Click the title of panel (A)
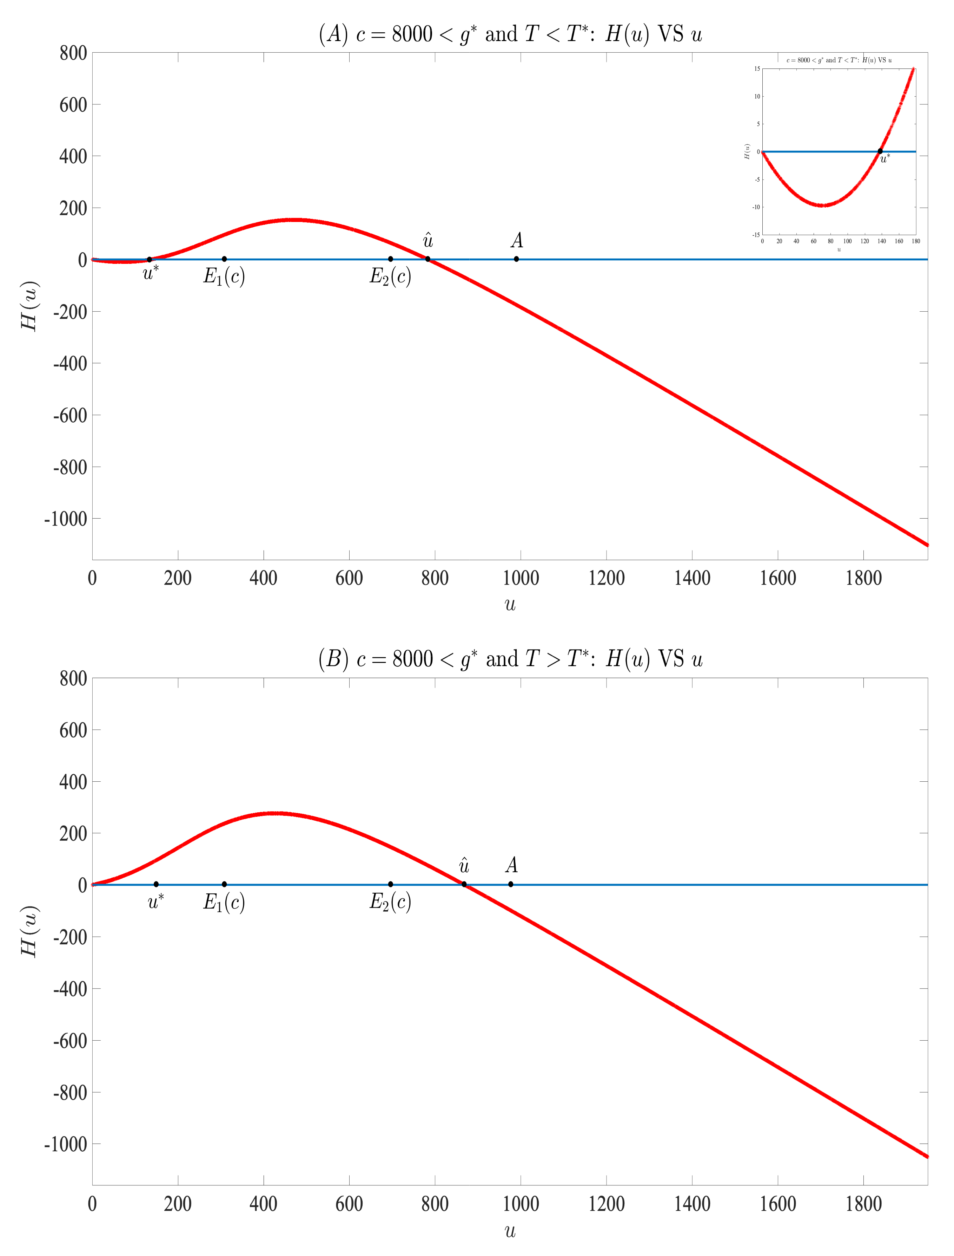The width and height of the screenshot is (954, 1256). [x=510, y=34]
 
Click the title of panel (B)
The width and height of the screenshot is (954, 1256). [x=510, y=659]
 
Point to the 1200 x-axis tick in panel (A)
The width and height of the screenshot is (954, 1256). [x=607, y=579]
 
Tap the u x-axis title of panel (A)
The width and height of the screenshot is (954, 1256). [x=510, y=605]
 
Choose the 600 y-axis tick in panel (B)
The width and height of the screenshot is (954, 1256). [x=73, y=730]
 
